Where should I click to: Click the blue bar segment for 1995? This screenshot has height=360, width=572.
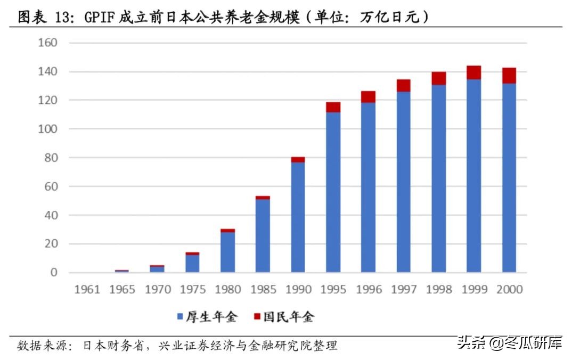tap(333, 192)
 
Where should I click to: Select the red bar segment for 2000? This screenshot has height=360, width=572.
tap(509, 76)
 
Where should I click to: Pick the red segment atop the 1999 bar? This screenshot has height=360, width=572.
tap(474, 72)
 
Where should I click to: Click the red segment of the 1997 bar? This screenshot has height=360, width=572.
tap(404, 86)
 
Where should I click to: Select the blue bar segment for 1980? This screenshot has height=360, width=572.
tap(228, 252)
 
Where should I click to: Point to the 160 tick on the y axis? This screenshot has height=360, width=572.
tap(47, 43)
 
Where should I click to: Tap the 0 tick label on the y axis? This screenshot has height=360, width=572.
tap(54, 273)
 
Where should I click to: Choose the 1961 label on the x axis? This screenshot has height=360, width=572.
tap(87, 290)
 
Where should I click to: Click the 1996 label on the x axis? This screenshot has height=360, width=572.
tap(369, 290)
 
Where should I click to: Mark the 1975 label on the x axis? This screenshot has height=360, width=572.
tap(193, 290)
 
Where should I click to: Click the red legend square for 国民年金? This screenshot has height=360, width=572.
tap(257, 317)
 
